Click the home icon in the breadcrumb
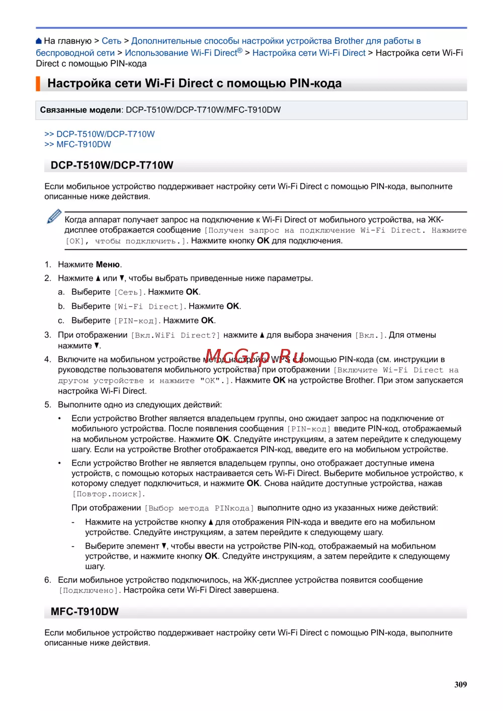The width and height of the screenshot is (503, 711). point(39,41)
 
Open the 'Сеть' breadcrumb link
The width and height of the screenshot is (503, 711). point(111,41)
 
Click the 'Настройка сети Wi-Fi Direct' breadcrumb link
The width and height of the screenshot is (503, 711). point(309,53)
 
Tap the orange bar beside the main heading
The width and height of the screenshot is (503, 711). point(38,83)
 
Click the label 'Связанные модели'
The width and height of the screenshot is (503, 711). point(80,110)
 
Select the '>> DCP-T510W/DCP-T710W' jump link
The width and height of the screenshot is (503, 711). point(100,134)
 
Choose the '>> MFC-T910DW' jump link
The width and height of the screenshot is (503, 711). point(78,144)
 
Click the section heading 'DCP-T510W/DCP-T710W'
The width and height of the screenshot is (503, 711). point(112,165)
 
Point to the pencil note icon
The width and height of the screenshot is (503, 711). point(54,217)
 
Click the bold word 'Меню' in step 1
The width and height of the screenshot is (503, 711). point(108,264)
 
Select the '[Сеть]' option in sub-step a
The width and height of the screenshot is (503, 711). point(129,292)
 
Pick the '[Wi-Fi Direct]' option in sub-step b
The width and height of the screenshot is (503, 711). point(149,307)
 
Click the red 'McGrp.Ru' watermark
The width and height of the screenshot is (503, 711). point(255,358)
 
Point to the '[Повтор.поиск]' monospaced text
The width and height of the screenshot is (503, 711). point(109,494)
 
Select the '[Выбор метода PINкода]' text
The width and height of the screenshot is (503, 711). point(199,508)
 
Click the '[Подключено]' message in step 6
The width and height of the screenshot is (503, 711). point(90,590)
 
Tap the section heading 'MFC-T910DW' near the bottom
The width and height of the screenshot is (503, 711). point(85,612)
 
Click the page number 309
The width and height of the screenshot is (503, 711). point(460,684)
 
